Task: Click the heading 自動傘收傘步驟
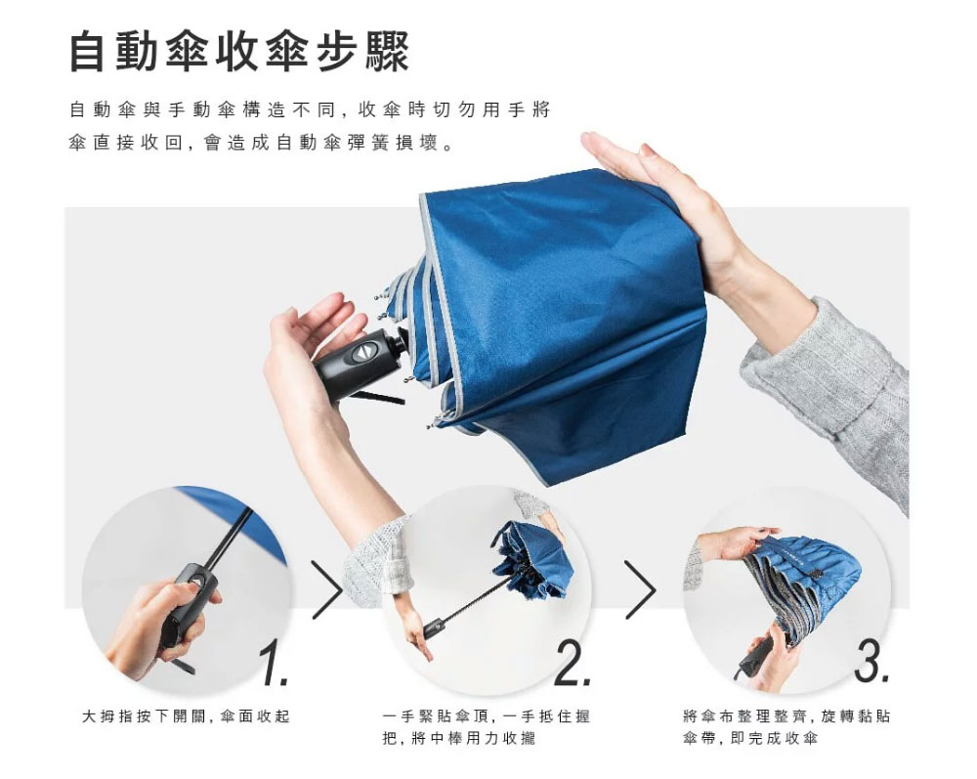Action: (x=239, y=52)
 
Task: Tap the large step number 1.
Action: (x=273, y=665)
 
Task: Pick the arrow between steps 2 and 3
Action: (x=640, y=590)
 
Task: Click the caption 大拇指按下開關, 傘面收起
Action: (x=186, y=716)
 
